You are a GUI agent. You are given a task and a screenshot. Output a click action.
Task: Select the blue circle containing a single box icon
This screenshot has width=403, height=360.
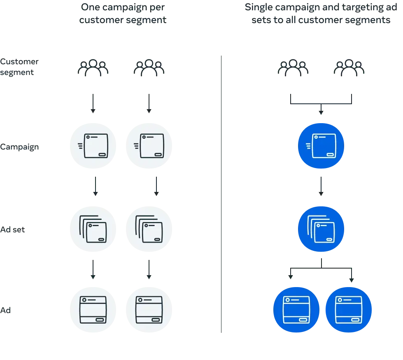click(321, 146)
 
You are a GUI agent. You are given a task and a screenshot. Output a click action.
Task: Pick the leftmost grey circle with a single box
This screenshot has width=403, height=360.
click(94, 146)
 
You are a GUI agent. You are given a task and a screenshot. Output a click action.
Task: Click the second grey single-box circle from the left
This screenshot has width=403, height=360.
click(150, 146)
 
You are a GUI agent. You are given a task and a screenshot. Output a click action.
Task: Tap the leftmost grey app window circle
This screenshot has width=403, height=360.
click(94, 310)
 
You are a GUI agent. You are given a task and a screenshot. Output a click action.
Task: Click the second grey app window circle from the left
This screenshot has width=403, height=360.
click(150, 310)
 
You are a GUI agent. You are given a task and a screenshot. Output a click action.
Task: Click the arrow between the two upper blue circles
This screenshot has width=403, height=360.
click(321, 187)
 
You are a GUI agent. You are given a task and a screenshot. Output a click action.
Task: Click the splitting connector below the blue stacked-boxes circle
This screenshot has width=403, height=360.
click(321, 270)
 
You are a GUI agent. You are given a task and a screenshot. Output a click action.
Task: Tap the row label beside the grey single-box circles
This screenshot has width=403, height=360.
click(20, 147)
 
